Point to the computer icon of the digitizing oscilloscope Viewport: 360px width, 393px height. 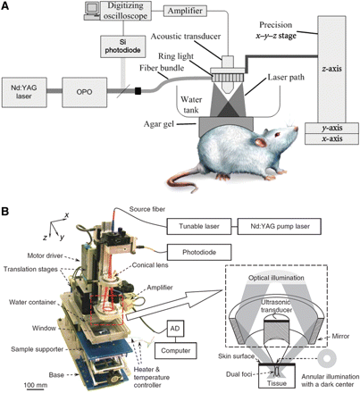(93, 9)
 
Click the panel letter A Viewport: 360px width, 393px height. (7, 7)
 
